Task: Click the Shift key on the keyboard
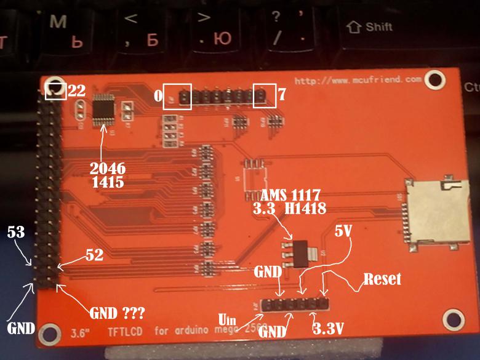click(x=370, y=27)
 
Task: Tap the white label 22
click(x=76, y=91)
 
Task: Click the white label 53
click(x=16, y=233)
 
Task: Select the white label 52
click(x=94, y=254)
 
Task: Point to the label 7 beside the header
click(x=281, y=95)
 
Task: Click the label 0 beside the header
click(x=158, y=96)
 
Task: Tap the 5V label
click(x=345, y=233)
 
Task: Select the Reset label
click(x=382, y=279)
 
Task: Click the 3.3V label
click(x=327, y=329)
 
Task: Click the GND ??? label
click(x=117, y=313)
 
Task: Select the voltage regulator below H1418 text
click(x=299, y=252)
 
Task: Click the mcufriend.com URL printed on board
click(x=358, y=80)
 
